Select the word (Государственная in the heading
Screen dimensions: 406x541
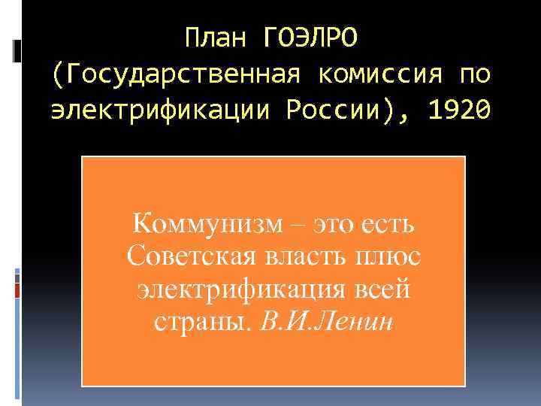click(x=176, y=74)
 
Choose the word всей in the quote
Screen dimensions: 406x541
click(x=383, y=289)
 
